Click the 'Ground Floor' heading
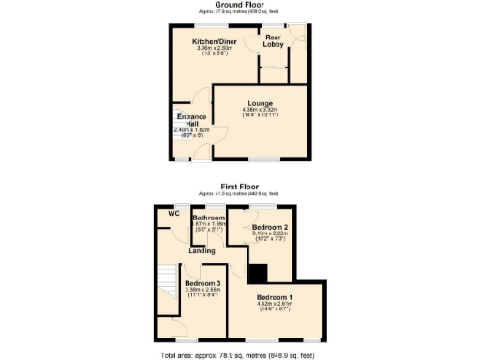[240, 5]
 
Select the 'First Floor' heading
[240, 187]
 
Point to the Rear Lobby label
[274, 40]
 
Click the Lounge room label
[260, 102]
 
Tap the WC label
[173, 213]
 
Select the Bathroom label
[209, 217]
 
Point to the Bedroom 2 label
[269, 228]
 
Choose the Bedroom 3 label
[202, 283]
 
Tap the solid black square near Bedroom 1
[258, 272]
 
